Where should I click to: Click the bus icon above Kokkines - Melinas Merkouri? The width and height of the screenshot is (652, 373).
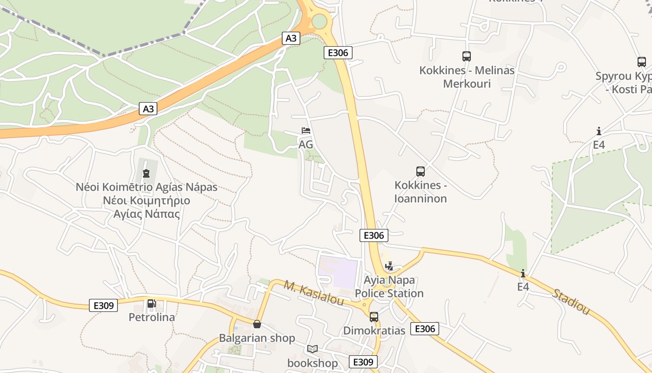(467, 56)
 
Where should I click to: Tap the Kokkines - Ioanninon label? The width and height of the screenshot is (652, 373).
(421, 192)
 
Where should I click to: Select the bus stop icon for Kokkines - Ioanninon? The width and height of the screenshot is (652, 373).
(421, 172)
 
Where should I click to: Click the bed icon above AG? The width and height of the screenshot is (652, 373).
(306, 131)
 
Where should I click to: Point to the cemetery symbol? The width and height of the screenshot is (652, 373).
(146, 173)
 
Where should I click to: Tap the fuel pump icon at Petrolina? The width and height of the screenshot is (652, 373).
(151, 304)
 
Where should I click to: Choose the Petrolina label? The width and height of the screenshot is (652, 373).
(152, 318)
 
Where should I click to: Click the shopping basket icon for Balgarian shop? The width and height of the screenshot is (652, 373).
(257, 324)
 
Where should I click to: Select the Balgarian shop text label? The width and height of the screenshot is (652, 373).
(257, 338)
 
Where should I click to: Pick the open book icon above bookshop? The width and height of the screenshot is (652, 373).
(312, 349)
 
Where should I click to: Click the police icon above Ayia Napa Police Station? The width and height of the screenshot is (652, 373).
(389, 266)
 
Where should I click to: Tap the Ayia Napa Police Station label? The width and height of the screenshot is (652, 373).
(389, 287)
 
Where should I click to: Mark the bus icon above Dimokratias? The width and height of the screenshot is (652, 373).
(374, 317)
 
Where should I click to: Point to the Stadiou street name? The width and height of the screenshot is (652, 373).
(570, 302)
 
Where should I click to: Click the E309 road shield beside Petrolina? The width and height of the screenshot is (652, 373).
(103, 305)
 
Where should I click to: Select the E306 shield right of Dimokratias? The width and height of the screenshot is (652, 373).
(425, 329)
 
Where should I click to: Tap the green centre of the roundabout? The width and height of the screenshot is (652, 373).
(319, 21)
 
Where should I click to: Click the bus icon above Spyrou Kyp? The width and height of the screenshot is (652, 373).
(642, 62)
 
